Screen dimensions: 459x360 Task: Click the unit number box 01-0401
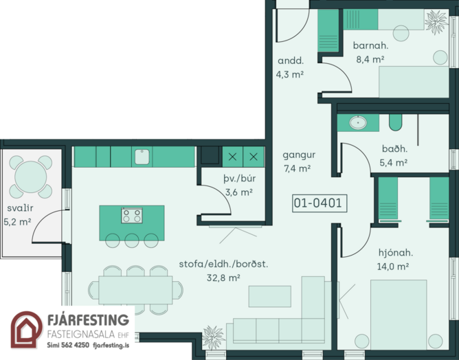pos(320,203)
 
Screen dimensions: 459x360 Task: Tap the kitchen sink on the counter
pos(142,157)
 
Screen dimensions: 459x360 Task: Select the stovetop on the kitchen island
pos(132,216)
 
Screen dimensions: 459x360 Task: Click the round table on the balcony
pos(31,177)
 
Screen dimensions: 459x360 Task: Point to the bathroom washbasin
pos(358,122)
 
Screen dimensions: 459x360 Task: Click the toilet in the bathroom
pos(396,122)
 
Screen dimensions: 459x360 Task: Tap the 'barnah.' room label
pos(370,45)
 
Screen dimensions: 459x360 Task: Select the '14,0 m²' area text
pos(393,267)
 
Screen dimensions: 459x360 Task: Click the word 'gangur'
pos(299,155)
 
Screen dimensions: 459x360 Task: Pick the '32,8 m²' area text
pos(223,278)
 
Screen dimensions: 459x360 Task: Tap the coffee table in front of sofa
pos(270,297)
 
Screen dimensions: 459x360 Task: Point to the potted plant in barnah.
pos(436,21)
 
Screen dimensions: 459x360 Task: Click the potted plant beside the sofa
pos(214,337)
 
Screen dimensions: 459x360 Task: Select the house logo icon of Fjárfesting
pos(27,330)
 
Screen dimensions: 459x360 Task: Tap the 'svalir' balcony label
pos(20,208)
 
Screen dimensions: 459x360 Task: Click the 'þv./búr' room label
pos(239,178)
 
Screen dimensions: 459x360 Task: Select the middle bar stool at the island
pos(132,240)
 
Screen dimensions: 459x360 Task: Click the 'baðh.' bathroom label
pos(394,148)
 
